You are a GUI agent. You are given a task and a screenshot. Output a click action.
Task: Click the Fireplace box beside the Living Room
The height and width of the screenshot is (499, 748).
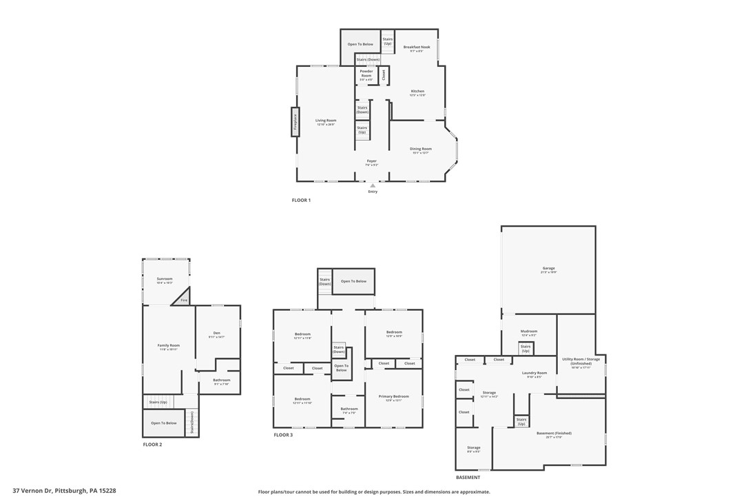(x=295, y=122)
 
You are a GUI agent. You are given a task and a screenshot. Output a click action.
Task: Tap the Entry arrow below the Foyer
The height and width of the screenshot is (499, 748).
(x=373, y=185)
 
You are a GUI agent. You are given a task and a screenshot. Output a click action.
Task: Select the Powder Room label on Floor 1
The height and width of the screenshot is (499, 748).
(x=366, y=74)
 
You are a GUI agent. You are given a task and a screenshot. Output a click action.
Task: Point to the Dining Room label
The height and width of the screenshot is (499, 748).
(x=420, y=150)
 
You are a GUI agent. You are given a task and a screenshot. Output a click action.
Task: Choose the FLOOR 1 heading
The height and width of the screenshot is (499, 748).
(x=301, y=201)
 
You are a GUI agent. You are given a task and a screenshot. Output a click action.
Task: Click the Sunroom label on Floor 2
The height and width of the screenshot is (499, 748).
(x=165, y=279)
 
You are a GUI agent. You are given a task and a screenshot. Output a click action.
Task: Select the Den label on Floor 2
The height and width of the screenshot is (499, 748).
(x=216, y=334)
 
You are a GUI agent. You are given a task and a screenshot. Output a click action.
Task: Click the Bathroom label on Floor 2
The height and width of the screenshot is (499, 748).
(x=221, y=380)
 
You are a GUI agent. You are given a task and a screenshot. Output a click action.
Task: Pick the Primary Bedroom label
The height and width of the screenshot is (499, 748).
(x=393, y=397)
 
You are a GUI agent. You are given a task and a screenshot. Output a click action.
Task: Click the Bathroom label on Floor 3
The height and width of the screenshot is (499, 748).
(x=349, y=409)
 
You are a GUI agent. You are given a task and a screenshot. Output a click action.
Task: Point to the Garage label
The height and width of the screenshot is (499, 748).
(x=548, y=269)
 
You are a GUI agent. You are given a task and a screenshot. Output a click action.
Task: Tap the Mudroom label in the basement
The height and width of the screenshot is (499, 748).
(x=528, y=333)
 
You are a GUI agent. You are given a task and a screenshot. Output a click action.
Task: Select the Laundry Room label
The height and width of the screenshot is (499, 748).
(x=534, y=374)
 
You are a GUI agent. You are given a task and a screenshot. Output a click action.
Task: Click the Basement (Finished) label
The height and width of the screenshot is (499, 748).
(x=554, y=434)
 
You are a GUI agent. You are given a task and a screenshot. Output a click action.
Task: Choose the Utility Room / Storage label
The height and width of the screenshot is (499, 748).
(x=581, y=360)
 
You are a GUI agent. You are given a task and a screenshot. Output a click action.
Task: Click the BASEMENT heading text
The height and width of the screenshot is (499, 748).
(x=468, y=478)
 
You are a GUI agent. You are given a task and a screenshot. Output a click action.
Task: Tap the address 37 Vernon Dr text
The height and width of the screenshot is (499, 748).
(x=68, y=491)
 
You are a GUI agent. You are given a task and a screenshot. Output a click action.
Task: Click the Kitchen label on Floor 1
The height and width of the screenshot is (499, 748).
(x=417, y=92)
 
